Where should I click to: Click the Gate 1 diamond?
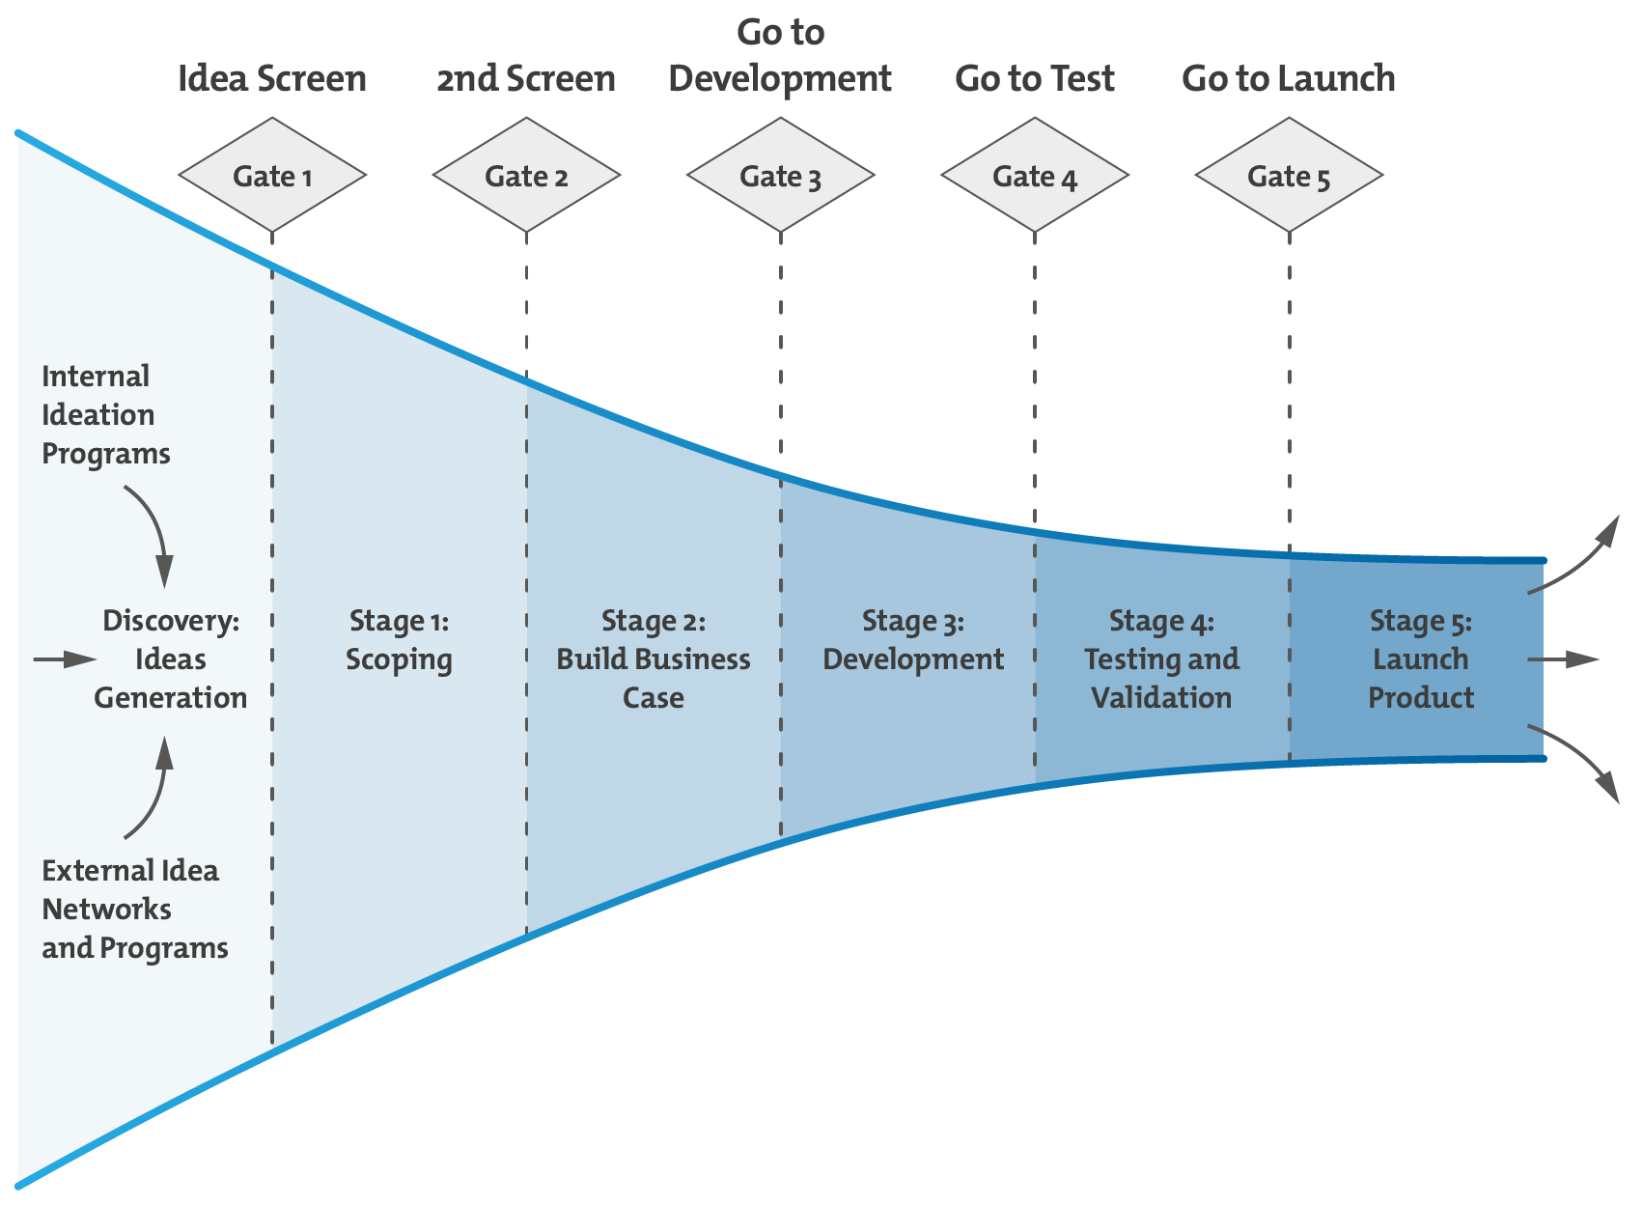[x=272, y=176]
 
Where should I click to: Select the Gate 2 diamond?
[x=526, y=176]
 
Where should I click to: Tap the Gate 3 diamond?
[x=780, y=176]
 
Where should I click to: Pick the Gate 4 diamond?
[x=1035, y=176]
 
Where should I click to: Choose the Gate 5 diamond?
[x=1289, y=176]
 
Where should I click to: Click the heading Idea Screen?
[x=272, y=79]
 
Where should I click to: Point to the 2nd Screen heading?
[x=526, y=79]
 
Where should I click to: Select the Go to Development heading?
[x=780, y=56]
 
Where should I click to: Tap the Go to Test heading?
[x=1035, y=79]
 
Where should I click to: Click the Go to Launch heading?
[x=1289, y=79]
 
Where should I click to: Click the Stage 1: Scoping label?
[x=399, y=640]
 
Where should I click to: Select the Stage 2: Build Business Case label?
[x=654, y=659]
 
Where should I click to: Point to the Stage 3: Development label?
[x=913, y=640]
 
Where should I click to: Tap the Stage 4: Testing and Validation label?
[x=1161, y=659]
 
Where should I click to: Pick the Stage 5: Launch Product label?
[x=1421, y=659]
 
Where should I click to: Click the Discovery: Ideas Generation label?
[x=171, y=659]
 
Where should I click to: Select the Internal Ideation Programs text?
[x=105, y=415]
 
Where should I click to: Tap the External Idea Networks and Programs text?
[x=134, y=910]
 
